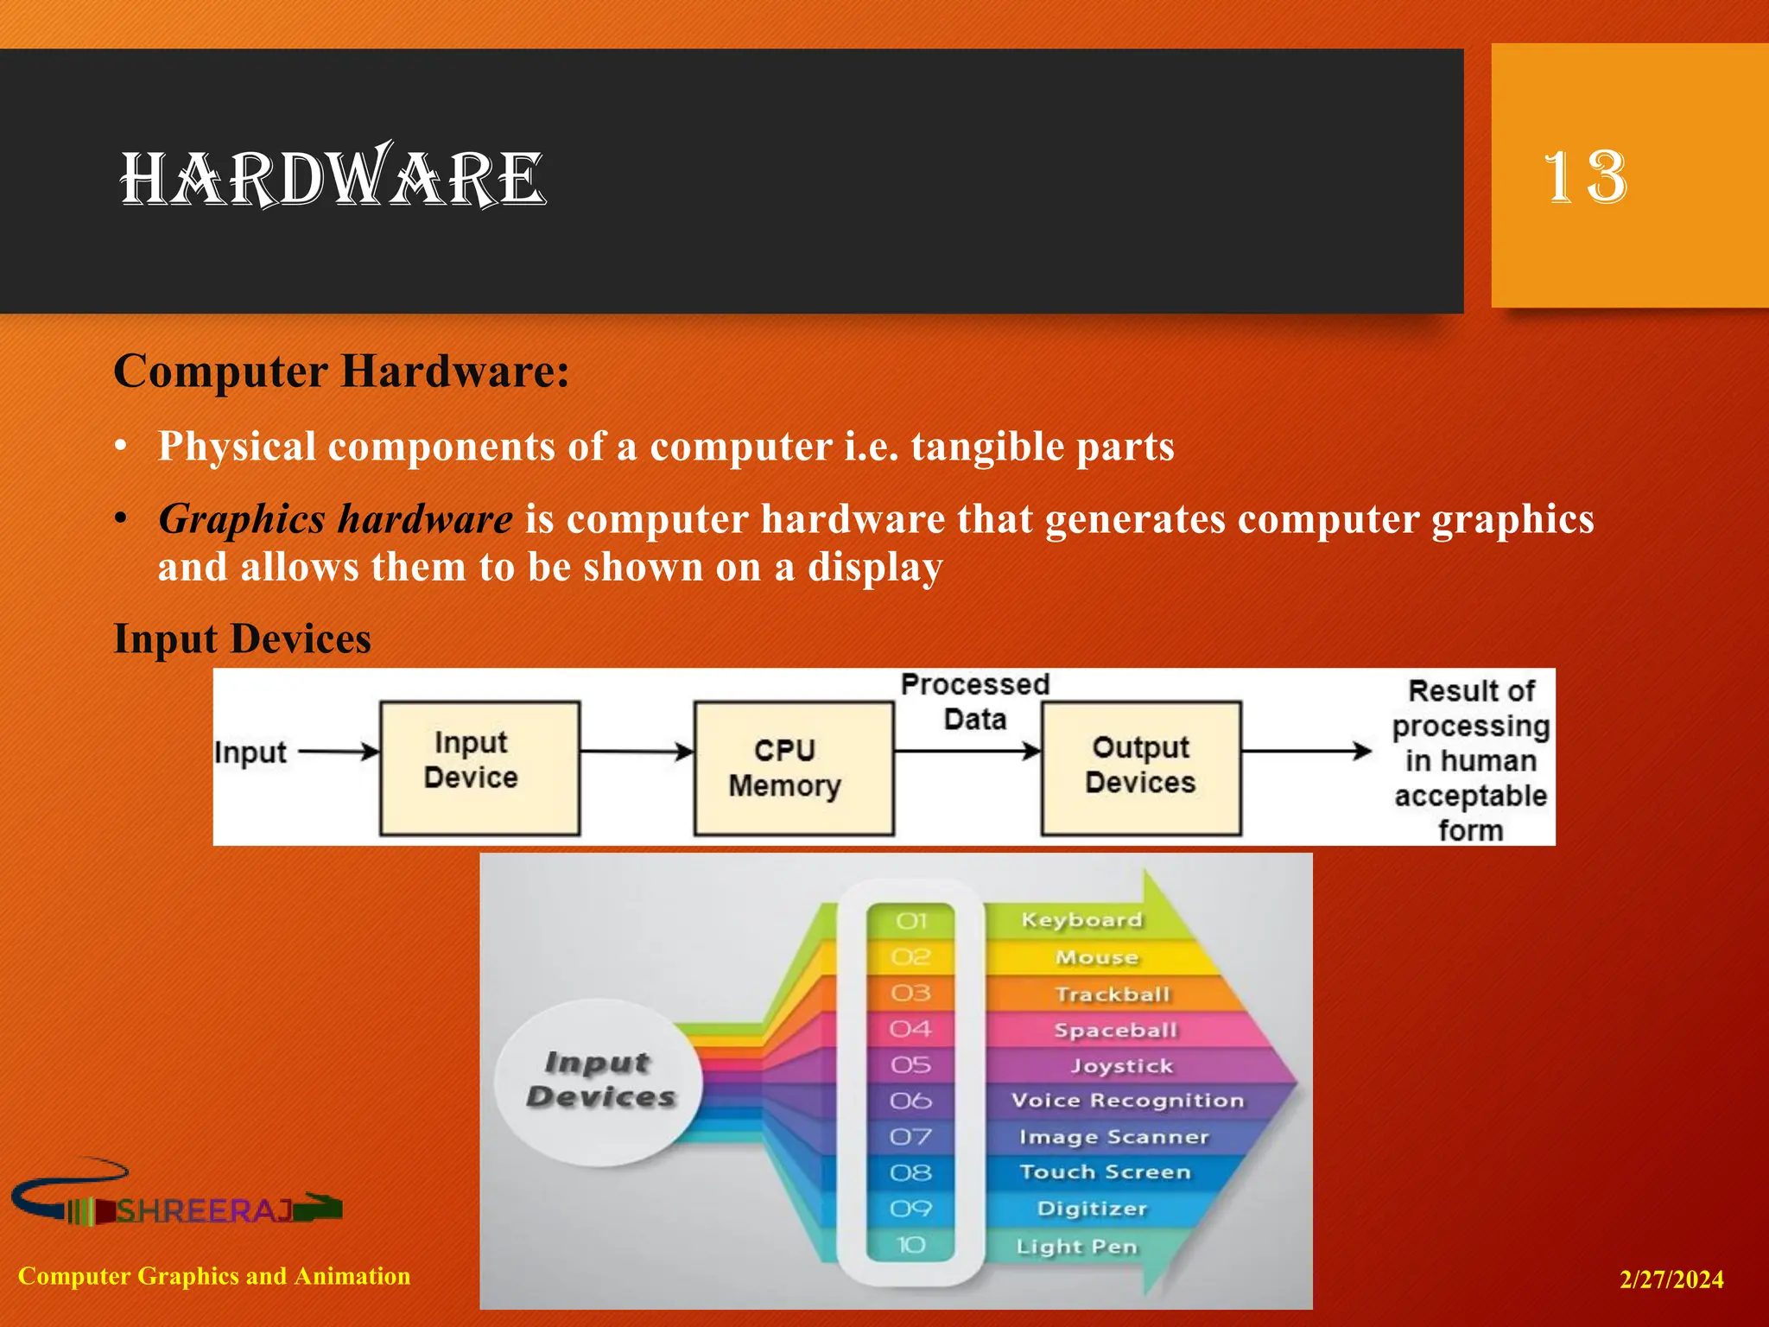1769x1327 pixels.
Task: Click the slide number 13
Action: tap(1585, 177)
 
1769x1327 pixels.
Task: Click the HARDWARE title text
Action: tap(333, 179)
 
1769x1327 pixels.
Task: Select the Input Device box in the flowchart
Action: tap(479, 767)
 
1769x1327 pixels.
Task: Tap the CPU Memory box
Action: tap(793, 767)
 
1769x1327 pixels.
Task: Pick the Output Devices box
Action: tap(1140, 767)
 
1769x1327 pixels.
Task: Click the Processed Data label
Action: tap(974, 702)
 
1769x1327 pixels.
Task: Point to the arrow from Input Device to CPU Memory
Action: tap(637, 752)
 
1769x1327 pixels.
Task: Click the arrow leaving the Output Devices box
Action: tap(1306, 751)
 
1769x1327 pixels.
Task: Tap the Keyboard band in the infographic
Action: tap(1081, 920)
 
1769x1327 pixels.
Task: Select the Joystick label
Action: tap(1122, 1066)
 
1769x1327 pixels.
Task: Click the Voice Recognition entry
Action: tap(1127, 1101)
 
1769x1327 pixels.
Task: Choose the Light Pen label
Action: tap(1076, 1247)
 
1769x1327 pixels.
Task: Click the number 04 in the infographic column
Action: tap(910, 1029)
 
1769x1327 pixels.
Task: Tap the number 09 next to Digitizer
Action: tap(910, 1209)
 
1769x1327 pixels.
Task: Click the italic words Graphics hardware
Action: tap(335, 519)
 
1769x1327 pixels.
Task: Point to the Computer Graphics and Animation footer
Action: tap(214, 1276)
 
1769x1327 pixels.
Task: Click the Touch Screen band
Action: tap(1105, 1172)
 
